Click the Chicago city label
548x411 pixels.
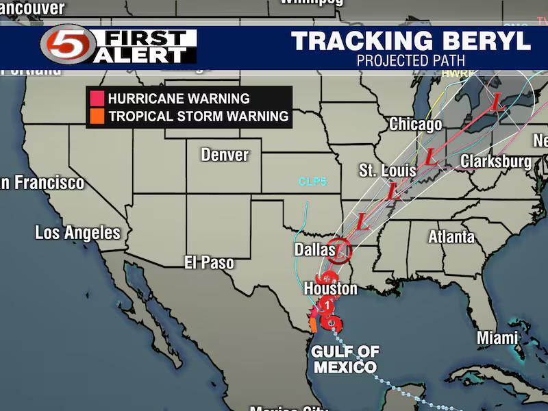(415, 125)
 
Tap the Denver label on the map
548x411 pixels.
(225, 155)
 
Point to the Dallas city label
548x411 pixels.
(315, 250)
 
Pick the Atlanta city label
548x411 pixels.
(451, 238)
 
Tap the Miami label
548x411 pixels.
(497, 338)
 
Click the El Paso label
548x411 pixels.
(209, 262)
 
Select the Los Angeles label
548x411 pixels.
(77, 233)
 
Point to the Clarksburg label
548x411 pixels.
(496, 162)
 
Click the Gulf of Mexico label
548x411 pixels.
(345, 360)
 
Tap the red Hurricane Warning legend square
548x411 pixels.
(97, 99)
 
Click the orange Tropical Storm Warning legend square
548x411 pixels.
(97, 116)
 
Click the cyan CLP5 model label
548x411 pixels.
(312, 182)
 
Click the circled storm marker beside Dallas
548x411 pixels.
(339, 251)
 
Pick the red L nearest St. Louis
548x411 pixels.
(393, 192)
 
